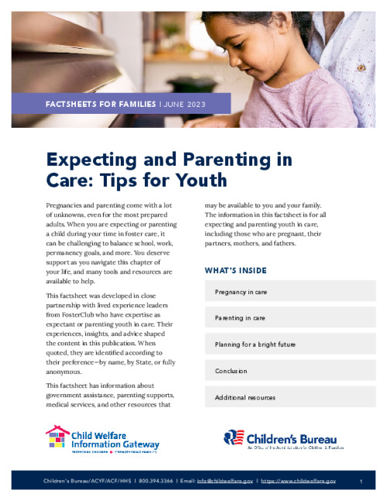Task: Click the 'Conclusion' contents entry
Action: point(231,371)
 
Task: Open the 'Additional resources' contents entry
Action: point(245,397)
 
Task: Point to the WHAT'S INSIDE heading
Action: point(235,271)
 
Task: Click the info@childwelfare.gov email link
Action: point(224,482)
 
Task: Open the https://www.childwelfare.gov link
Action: point(298,482)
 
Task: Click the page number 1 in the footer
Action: point(361,482)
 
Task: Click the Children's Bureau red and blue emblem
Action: point(235,439)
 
